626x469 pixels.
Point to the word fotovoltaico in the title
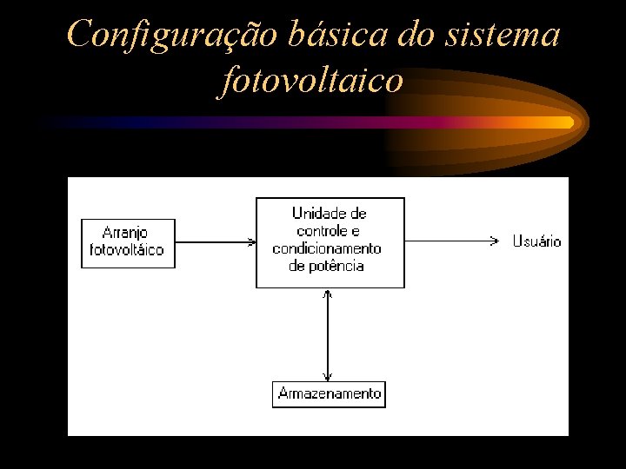pos(313,81)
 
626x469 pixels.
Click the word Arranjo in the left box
pos(125,233)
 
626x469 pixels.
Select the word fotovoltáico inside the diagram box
pos(127,251)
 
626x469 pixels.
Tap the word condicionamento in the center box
pos(327,248)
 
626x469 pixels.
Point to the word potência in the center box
pos(336,266)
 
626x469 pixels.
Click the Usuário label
pos(536,241)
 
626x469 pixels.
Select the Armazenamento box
pos(329,393)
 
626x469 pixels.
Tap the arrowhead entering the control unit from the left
pos(250,241)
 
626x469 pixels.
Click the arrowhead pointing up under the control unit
pos(328,294)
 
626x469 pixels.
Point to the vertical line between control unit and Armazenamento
pos(328,334)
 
